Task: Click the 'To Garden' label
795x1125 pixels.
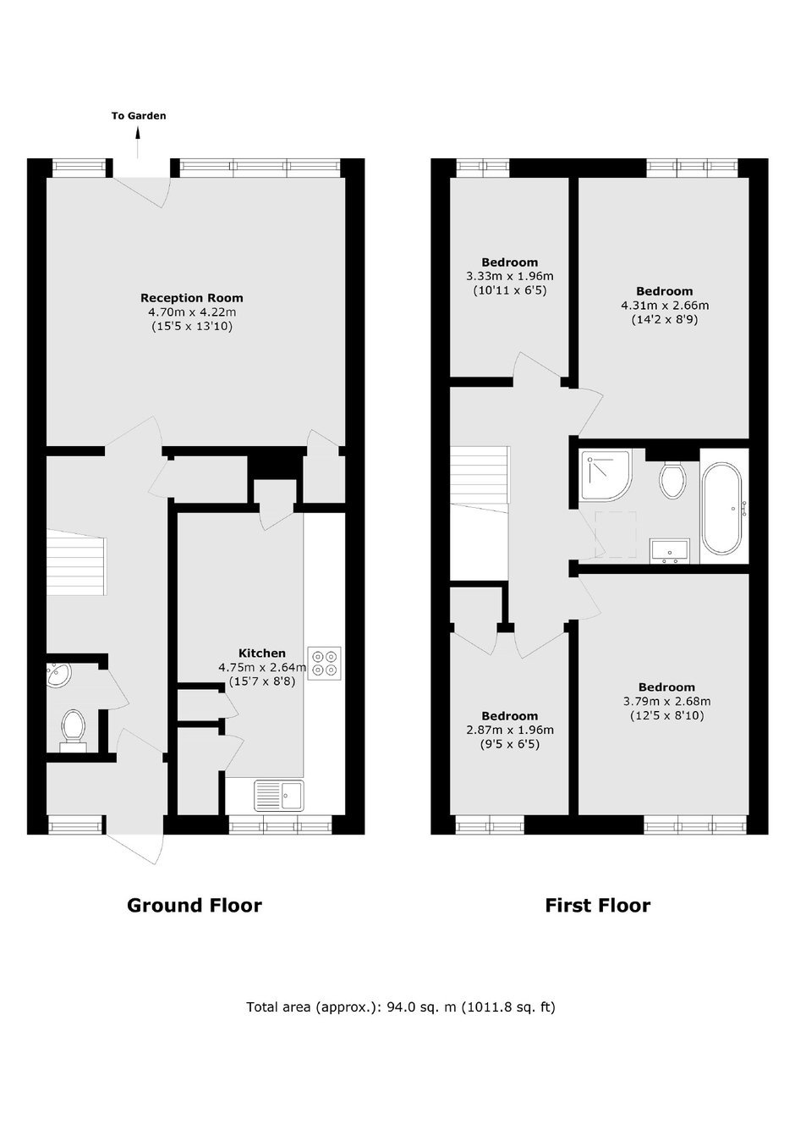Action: pyautogui.click(x=139, y=116)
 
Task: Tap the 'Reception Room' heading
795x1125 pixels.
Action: pyautogui.click(x=192, y=298)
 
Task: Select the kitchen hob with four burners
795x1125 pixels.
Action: pyautogui.click(x=324, y=663)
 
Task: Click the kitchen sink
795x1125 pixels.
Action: pyautogui.click(x=279, y=796)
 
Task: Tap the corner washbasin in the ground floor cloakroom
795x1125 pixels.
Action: pyautogui.click(x=59, y=675)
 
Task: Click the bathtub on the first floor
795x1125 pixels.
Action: pyautogui.click(x=724, y=508)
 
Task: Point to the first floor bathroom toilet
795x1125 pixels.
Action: pyautogui.click(x=672, y=479)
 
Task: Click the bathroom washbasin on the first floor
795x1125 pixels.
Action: pyautogui.click(x=670, y=550)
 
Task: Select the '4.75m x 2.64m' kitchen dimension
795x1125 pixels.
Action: pyautogui.click(x=262, y=668)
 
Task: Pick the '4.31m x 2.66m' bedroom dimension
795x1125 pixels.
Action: pyautogui.click(x=665, y=306)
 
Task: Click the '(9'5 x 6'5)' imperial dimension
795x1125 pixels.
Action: pyautogui.click(x=509, y=744)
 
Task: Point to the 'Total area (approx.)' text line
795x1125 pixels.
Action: pyautogui.click(x=401, y=1007)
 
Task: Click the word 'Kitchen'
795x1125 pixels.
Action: pyautogui.click(x=262, y=653)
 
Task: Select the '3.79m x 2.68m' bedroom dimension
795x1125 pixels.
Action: pyautogui.click(x=667, y=701)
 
